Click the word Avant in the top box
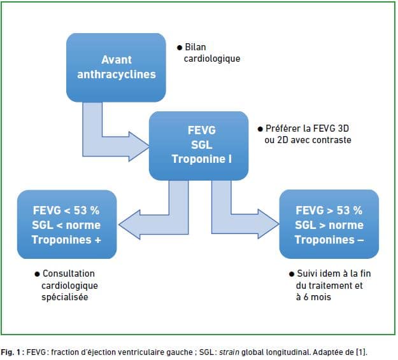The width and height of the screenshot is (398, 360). coord(117,60)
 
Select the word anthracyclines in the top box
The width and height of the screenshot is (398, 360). coord(117,74)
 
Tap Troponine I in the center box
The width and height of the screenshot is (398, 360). coord(202,159)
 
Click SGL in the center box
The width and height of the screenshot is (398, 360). coord(201,145)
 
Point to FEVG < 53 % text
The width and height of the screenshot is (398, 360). coord(66,211)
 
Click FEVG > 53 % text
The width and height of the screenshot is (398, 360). coord(329,211)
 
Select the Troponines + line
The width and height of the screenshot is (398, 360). coord(66,240)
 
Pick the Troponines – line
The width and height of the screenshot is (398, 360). coord(329,240)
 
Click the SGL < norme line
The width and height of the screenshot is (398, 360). coord(66,225)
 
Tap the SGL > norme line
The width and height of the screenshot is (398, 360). coord(329,225)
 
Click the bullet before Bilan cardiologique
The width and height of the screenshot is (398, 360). coord(180,48)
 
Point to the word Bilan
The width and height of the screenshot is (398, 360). coord(195,47)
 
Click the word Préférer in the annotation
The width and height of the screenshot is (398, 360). coord(283,128)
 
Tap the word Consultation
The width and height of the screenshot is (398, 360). coord(69,273)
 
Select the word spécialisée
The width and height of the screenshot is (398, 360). coord(65,297)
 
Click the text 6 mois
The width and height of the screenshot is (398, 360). coord(317,297)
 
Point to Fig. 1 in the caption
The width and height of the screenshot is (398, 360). coord(10,352)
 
